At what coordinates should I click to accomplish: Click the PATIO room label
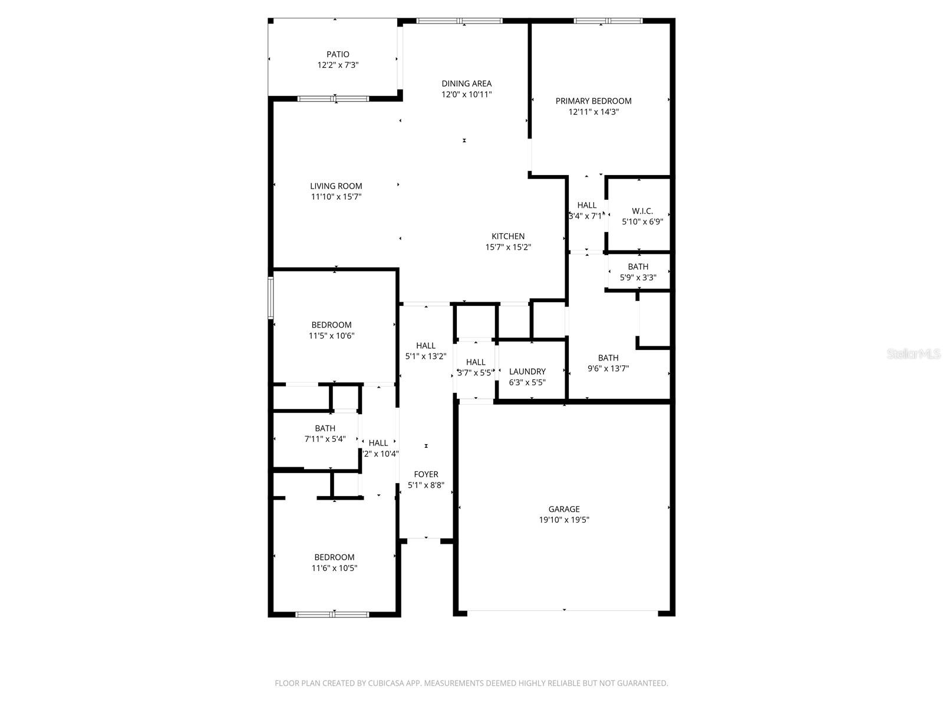tap(338, 54)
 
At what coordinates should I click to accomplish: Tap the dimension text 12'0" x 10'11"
tap(466, 94)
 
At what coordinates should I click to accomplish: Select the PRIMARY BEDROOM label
tap(593, 101)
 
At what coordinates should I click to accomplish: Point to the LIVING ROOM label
tap(336, 186)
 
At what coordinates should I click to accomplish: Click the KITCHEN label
tap(507, 236)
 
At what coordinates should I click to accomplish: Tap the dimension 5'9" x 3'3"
tap(638, 277)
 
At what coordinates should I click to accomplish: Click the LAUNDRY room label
tap(527, 371)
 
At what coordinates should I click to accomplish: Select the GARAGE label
tap(563, 509)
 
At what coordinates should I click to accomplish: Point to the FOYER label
tap(426, 474)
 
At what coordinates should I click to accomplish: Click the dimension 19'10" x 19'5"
tap(563, 520)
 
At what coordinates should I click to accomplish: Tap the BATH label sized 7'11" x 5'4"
tap(325, 428)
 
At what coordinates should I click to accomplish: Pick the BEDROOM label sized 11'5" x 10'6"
tap(331, 325)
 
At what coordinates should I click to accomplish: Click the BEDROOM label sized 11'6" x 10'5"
tap(334, 557)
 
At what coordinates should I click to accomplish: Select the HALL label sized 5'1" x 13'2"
tap(426, 346)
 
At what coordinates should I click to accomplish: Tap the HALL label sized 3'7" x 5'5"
tap(475, 362)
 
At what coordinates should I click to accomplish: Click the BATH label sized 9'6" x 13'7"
tap(608, 358)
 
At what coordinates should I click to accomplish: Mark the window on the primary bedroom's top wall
tap(608, 21)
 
